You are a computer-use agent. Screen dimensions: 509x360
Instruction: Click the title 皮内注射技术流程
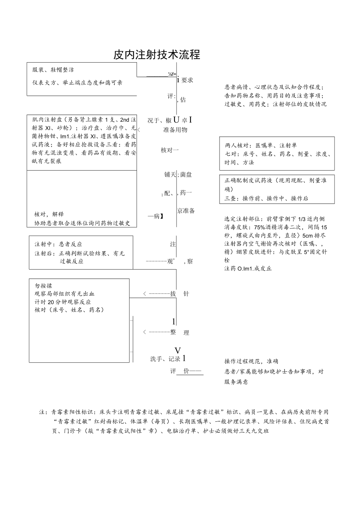click(157, 55)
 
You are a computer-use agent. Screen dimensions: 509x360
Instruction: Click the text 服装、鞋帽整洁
click(53, 70)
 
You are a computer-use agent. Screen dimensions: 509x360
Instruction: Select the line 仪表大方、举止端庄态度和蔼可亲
click(77, 83)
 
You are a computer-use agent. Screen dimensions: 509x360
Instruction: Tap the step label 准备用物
click(175, 130)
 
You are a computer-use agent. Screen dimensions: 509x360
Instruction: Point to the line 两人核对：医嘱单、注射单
click(261, 146)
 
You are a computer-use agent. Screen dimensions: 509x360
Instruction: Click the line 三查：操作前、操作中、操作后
click(266, 198)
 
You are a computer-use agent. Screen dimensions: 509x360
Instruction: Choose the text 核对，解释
click(49, 214)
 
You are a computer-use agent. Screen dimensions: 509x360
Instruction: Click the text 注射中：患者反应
click(58, 244)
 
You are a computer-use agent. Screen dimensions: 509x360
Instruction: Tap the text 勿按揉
click(43, 286)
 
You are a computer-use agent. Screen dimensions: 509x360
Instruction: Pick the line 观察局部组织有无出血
click(65, 294)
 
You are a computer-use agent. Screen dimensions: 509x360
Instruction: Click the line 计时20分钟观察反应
click(63, 302)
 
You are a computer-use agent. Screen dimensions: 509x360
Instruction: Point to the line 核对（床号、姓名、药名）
click(69, 310)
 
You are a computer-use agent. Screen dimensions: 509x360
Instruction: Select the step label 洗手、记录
click(165, 359)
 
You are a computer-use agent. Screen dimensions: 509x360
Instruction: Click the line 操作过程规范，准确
click(251, 361)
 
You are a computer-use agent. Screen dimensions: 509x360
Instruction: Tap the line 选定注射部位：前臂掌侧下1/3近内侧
click(274, 219)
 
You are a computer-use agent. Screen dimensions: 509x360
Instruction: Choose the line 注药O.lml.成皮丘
click(248, 269)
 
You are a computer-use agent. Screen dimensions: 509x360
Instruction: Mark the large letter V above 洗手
click(178, 350)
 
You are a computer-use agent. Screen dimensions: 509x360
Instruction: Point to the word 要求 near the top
click(187, 80)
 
